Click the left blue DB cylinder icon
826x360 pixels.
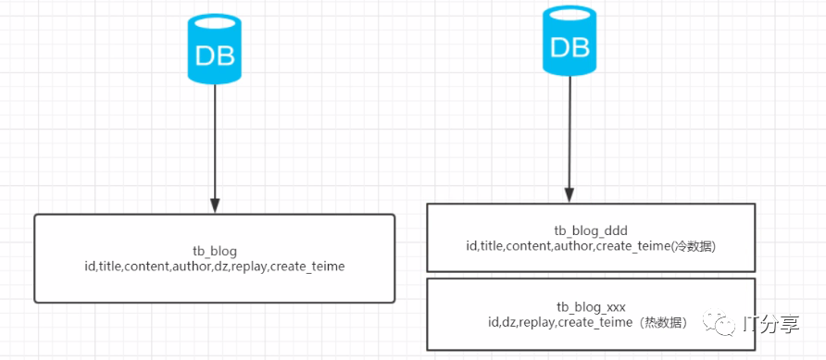[x=215, y=49]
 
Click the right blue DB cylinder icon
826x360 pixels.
[x=569, y=41]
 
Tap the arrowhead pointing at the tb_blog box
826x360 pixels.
[x=215, y=205]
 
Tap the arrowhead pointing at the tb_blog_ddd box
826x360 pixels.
[x=569, y=195]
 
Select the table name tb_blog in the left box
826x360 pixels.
[x=215, y=251]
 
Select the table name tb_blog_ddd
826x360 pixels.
[x=591, y=231]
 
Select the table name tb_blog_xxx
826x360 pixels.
[x=591, y=306]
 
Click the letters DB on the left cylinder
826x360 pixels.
[x=215, y=56]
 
